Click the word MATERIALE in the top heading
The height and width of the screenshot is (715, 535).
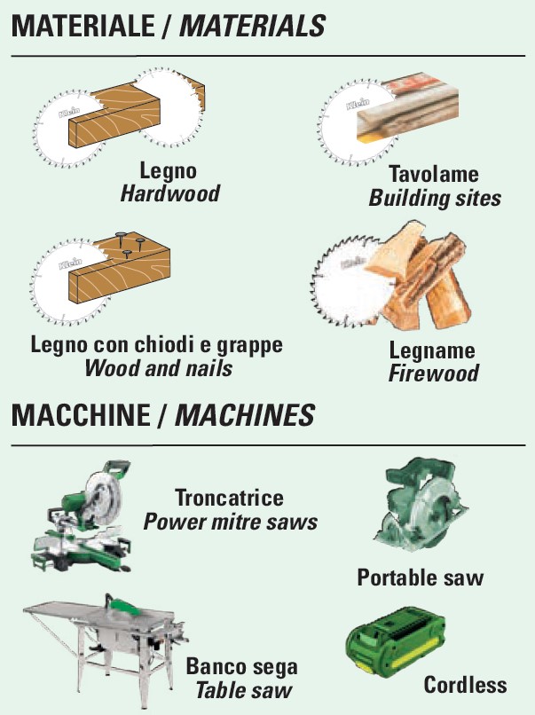point(83,26)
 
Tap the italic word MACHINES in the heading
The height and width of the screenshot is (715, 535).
point(245,415)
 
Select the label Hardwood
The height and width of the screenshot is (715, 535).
point(169,193)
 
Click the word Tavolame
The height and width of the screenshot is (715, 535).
point(434,175)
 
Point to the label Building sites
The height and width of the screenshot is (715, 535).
point(435,199)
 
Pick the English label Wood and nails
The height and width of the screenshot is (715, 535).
point(158,368)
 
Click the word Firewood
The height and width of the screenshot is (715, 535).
point(433,373)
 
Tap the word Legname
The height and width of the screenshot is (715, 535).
point(432,350)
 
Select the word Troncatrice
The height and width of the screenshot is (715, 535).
point(230,498)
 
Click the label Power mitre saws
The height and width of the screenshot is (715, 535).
point(231,522)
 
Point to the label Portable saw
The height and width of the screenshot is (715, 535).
point(420,577)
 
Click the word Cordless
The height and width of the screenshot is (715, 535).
point(465,685)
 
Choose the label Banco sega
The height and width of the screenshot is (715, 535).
point(241,667)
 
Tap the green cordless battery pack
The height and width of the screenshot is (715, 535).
point(395,640)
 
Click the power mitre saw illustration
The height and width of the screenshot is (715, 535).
point(83,516)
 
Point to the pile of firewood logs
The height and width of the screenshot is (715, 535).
point(420,279)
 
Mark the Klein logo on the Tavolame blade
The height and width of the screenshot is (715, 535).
point(358,104)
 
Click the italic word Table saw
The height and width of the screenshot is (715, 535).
point(244,690)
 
